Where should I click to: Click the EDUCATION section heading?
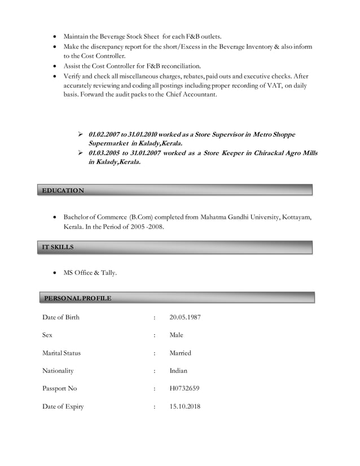[x=63, y=191]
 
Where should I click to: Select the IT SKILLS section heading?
[x=58, y=247]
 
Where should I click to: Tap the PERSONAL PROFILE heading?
[x=78, y=298]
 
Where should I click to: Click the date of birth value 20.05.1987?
[x=185, y=317]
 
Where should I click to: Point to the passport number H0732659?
[x=184, y=389]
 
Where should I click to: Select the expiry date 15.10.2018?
[x=185, y=407]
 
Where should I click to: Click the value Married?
[x=180, y=353]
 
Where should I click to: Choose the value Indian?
[x=178, y=371]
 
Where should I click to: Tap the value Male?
[x=176, y=335]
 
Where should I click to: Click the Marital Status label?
[x=61, y=353]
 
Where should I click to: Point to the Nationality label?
[x=58, y=371]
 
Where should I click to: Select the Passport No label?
[x=59, y=389]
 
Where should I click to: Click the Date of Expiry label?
[x=63, y=407]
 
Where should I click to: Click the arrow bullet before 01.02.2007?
[x=80, y=134]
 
